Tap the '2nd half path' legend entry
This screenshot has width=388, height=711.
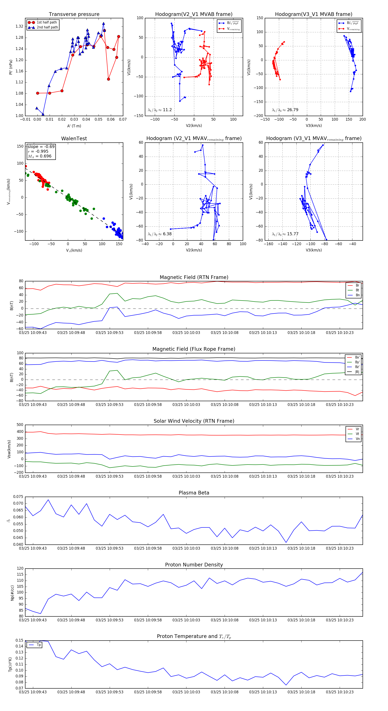click(47, 27)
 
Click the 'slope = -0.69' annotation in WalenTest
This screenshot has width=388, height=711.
click(41, 147)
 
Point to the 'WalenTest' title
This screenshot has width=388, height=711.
click(74, 139)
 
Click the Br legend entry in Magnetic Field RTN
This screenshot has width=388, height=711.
click(357, 285)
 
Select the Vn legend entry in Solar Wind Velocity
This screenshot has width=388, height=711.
click(357, 439)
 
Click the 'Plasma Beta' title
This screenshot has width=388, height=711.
click(194, 493)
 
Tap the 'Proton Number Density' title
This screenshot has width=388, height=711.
click(194, 565)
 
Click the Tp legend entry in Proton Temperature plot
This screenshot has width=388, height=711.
click(39, 645)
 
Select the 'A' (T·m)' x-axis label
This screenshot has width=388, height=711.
click(74, 126)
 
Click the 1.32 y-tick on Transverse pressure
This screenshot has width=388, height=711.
click(19, 27)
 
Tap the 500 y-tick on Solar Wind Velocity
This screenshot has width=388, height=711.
click(20, 425)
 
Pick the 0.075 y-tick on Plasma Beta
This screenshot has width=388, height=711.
click(18, 497)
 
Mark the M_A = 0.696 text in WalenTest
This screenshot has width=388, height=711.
click(39, 156)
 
